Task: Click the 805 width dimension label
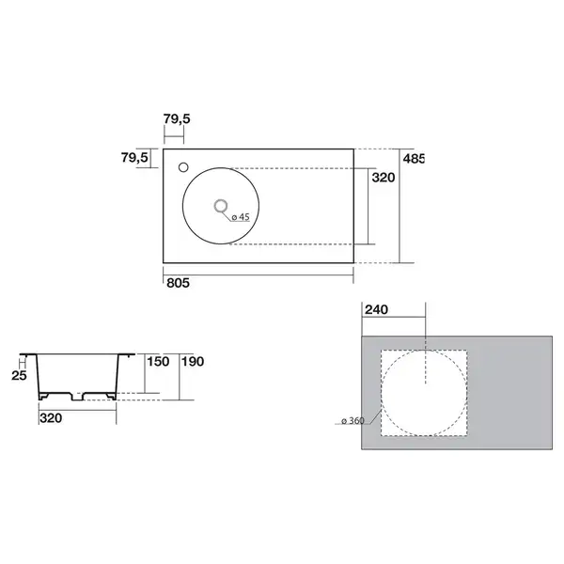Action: [178, 283]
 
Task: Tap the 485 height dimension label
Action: [414, 159]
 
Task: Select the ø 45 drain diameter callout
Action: [241, 217]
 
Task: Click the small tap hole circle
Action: [183, 167]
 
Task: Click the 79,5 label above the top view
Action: [177, 118]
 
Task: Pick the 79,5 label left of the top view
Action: [134, 157]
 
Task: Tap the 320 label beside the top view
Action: [384, 178]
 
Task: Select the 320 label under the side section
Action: [51, 418]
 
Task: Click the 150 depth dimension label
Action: [158, 362]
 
